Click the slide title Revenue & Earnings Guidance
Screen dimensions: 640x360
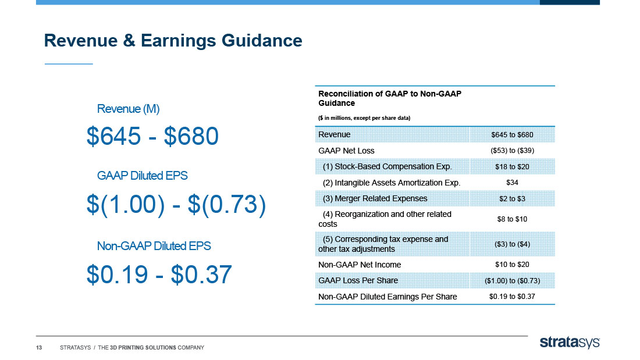pyautogui.click(x=173, y=41)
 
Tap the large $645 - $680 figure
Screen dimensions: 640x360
pyautogui.click(x=152, y=136)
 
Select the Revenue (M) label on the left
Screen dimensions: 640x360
pyautogui.click(x=128, y=109)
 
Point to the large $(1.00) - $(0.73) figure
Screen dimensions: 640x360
pyautogui.click(x=176, y=204)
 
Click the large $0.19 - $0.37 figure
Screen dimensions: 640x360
pyautogui.click(x=159, y=274)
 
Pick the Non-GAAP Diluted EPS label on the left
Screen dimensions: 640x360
pyautogui.click(x=154, y=246)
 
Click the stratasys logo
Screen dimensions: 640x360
pyautogui.click(x=570, y=343)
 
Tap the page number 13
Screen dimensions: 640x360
pyautogui.click(x=39, y=348)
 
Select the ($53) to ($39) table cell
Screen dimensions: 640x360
pyautogui.click(x=512, y=151)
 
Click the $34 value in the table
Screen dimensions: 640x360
pyautogui.click(x=512, y=183)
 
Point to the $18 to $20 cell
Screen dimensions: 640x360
pyautogui.click(x=512, y=166)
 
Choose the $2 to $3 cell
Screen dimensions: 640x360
pyautogui.click(x=512, y=199)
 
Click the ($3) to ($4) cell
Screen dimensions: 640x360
pyautogui.click(x=512, y=244)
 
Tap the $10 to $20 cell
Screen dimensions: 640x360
pyautogui.click(x=512, y=265)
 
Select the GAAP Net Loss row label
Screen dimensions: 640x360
pyautogui.click(x=346, y=151)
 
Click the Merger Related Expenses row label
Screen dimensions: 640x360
pyautogui.click(x=375, y=198)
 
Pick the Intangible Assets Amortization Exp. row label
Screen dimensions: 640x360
pyautogui.click(x=392, y=183)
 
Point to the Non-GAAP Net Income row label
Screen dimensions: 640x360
pyautogui.click(x=360, y=265)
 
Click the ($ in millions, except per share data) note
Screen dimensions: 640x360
pyautogui.click(x=364, y=118)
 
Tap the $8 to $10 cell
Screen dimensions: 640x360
pyautogui.click(x=512, y=219)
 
